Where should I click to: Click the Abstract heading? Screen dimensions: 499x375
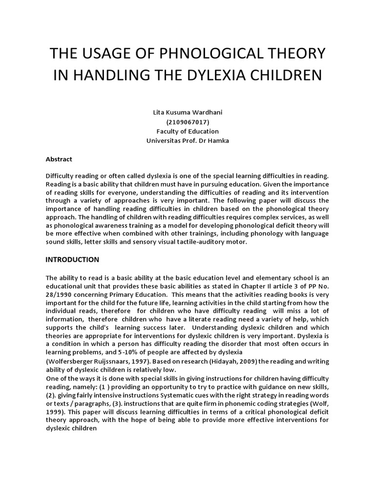point(59,159)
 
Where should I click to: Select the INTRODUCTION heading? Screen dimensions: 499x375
point(72,259)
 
